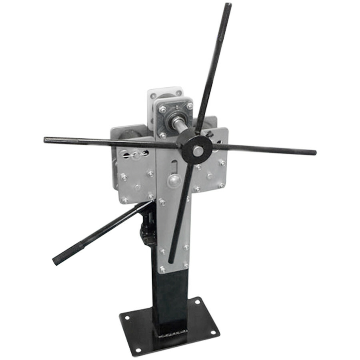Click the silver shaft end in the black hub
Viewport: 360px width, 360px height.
(197, 151)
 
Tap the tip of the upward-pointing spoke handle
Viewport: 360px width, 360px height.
(228, 5)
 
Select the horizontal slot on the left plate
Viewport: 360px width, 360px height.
(136, 153)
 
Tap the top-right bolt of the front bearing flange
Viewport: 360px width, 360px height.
(189, 106)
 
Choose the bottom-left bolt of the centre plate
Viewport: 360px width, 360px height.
(162, 269)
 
